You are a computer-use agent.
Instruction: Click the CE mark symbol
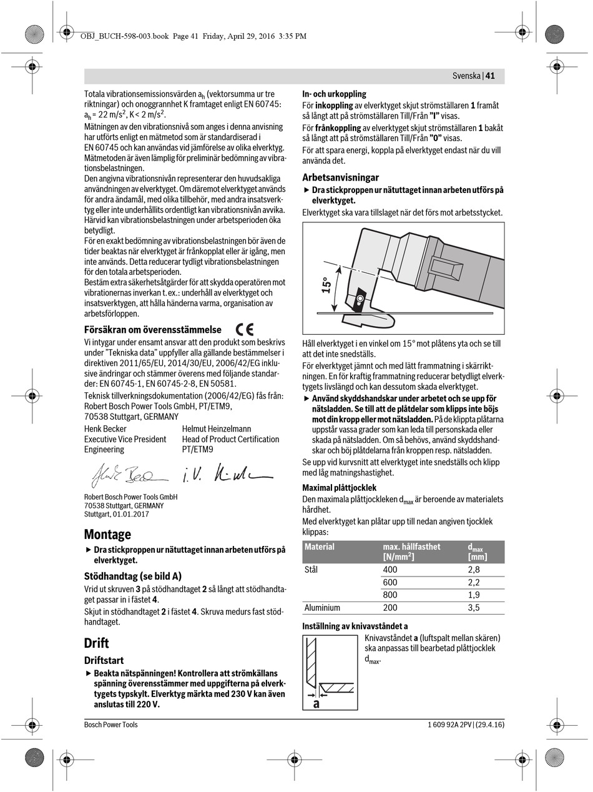pos(245,329)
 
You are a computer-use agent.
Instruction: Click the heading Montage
pos(107,534)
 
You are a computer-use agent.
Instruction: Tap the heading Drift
pos(96,643)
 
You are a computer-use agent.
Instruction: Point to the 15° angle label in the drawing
pos(325,285)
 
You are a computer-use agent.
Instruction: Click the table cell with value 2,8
pos(474,570)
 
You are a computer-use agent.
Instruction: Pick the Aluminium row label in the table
pos(322,607)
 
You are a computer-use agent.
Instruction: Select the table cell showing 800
pos(390,595)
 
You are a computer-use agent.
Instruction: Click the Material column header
pos(320,547)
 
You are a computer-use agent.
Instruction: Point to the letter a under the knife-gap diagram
pos(316,703)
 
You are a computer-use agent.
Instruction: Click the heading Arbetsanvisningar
pos(340,177)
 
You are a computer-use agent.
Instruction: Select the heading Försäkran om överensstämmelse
pos(152,329)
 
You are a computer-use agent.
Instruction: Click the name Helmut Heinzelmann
pos(217,428)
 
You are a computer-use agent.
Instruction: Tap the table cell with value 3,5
pos(474,607)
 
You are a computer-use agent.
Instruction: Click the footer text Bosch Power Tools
pos(111,725)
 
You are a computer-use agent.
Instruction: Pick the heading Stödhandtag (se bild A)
pos(133,576)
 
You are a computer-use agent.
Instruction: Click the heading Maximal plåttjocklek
pos(339,487)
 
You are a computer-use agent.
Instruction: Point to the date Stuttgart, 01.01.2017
pos(116,514)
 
